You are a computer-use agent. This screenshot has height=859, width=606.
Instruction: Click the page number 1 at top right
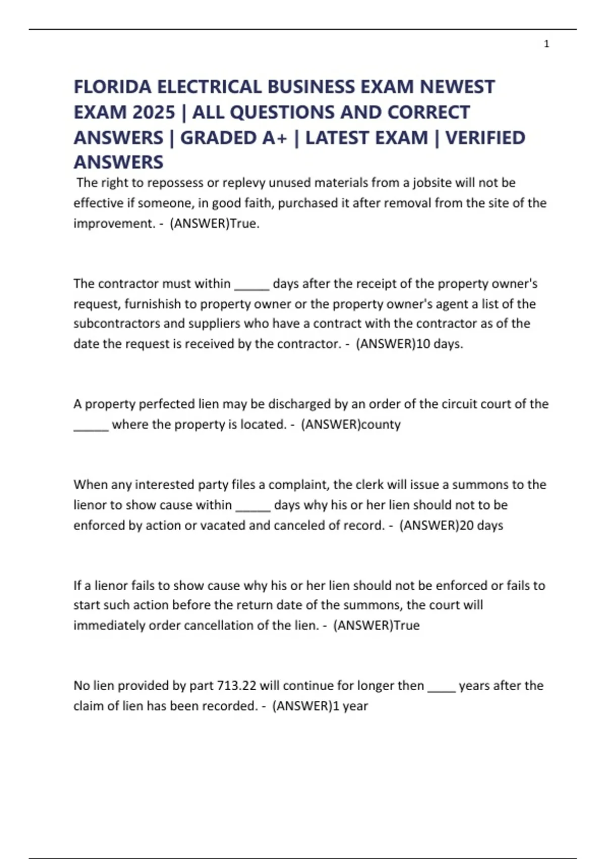[546, 44]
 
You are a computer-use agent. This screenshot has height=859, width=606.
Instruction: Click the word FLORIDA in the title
[112, 87]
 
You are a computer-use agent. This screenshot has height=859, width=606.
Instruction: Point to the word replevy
[244, 183]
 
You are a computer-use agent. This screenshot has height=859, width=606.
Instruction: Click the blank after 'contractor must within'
[251, 284]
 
